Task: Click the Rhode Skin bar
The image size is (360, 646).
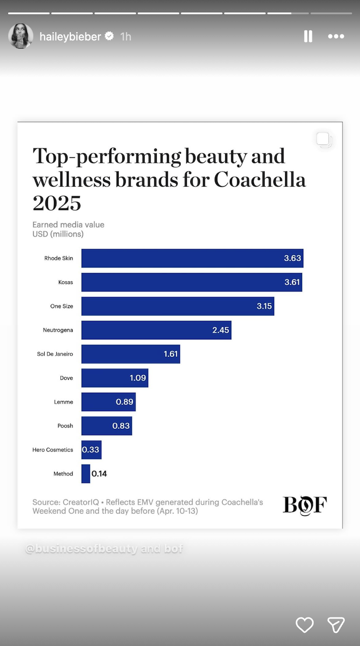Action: [x=192, y=258]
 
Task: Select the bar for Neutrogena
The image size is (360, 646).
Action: [x=156, y=330]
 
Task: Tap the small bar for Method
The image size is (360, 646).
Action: [x=86, y=474]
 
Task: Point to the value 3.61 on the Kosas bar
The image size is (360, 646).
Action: [x=292, y=282]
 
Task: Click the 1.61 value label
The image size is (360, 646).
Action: [x=171, y=354]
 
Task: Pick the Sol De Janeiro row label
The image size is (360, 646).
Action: [x=55, y=354]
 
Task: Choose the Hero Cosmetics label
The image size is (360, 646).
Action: [x=53, y=450]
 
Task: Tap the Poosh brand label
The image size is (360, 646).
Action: [x=65, y=426]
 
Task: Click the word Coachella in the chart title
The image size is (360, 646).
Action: [x=260, y=180]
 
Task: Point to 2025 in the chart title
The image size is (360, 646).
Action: [x=57, y=203]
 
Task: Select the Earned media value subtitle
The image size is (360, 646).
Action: [x=68, y=225]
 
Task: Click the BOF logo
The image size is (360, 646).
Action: [x=305, y=505]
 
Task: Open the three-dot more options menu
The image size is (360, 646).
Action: [x=336, y=36]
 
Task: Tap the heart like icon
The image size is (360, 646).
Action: [x=305, y=625]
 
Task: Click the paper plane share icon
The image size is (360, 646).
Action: [x=336, y=625]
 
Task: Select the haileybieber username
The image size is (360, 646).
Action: [x=70, y=36]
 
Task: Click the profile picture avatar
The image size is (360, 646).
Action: [x=21, y=36]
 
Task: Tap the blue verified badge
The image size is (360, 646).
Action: [x=109, y=36]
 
